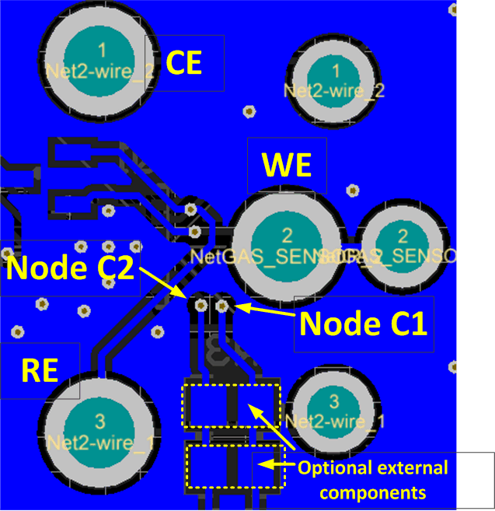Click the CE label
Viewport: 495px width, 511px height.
(185, 64)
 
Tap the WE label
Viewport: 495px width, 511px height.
(286, 166)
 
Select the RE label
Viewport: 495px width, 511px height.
(40, 370)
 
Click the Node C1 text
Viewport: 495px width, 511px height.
(364, 323)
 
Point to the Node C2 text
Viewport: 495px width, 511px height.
(71, 269)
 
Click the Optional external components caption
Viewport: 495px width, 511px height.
(373, 480)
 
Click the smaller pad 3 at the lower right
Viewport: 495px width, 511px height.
(334, 413)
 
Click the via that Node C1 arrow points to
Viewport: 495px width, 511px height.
(222, 306)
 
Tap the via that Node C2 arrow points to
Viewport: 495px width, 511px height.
(201, 306)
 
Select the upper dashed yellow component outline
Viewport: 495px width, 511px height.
(231, 404)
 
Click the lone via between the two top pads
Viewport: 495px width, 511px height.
(249, 111)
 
